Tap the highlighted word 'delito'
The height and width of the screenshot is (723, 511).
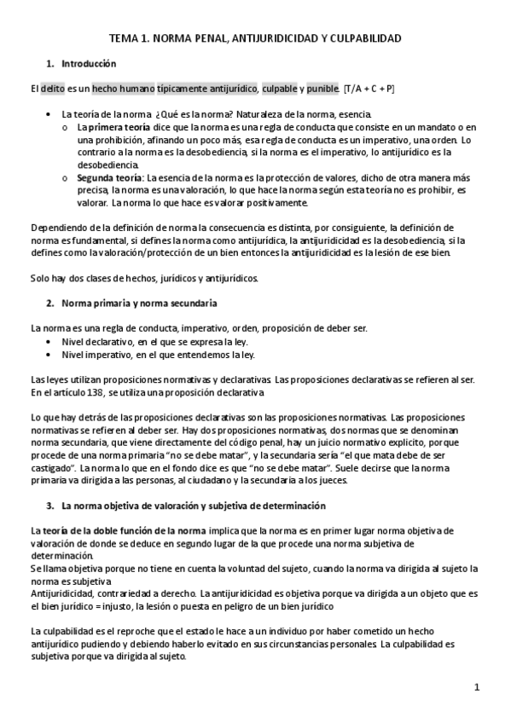coord(52,89)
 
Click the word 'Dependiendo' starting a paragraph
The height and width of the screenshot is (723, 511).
coord(57,227)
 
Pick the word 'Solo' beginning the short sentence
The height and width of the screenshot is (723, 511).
coord(39,277)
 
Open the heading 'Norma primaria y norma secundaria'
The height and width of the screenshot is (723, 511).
coord(139,303)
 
